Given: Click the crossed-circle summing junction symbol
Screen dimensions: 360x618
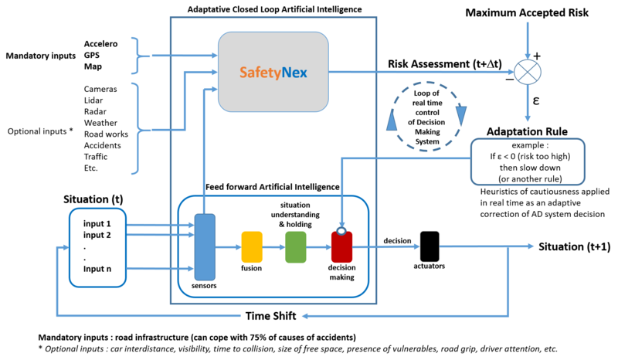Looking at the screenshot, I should (x=528, y=72).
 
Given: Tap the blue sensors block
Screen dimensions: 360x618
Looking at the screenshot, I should (x=204, y=247).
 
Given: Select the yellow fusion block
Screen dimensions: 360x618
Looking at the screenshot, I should (x=252, y=246).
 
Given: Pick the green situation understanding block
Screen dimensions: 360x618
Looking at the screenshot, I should (x=296, y=246).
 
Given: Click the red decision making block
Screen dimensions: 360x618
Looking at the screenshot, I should (x=341, y=246).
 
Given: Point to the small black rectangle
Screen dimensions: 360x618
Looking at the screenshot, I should (x=430, y=246).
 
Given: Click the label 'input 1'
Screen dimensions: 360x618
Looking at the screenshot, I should (x=103, y=223).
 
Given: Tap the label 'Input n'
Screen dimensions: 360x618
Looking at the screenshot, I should (x=103, y=270).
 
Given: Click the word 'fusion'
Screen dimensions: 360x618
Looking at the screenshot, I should (x=252, y=269).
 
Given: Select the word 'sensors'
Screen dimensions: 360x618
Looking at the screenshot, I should (x=204, y=287).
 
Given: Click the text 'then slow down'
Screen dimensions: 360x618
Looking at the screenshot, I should (x=528, y=168).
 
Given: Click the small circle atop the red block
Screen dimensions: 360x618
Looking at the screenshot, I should (x=341, y=229).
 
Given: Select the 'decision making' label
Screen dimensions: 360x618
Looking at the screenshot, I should (x=341, y=272).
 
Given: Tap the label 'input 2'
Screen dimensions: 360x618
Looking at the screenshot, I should (x=103, y=235).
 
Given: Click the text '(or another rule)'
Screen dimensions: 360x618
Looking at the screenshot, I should (x=528, y=179).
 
